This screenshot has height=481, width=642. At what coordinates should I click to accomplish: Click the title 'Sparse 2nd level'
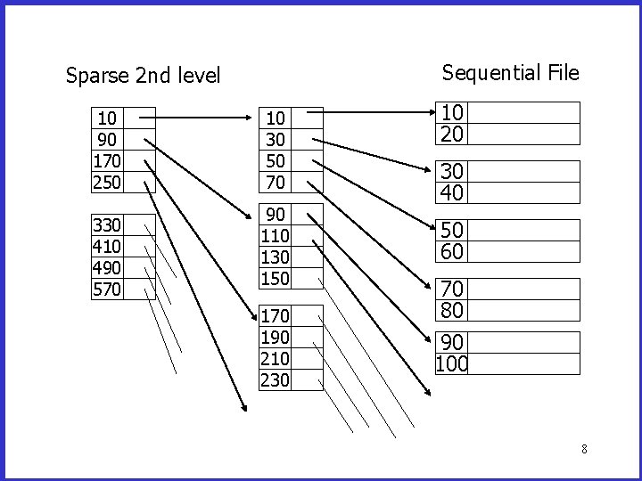point(143,76)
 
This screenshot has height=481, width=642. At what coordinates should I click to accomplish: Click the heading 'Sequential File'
point(510,72)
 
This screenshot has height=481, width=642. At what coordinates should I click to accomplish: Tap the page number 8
point(584,449)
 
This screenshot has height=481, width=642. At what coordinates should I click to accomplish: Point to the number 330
point(107,225)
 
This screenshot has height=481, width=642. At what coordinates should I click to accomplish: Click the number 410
point(107,247)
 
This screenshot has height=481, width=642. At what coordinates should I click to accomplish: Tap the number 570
point(107,289)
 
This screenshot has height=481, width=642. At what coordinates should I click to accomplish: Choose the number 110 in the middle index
point(275,237)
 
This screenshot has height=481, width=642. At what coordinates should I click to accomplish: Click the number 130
point(275,258)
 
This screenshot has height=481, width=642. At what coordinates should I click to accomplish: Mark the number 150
point(275,280)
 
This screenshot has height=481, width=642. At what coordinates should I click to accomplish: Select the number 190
point(275,337)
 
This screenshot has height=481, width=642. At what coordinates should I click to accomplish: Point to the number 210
point(275,358)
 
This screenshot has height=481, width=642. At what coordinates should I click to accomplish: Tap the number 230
point(275,379)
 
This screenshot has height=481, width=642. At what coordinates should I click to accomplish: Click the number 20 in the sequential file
point(453,134)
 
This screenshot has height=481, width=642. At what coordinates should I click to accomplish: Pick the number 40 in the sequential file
point(453,192)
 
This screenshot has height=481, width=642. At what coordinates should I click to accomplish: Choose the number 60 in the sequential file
point(453,251)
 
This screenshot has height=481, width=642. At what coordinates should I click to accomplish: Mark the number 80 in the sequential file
point(453,310)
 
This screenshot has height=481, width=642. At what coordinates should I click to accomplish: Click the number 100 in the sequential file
point(453,364)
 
